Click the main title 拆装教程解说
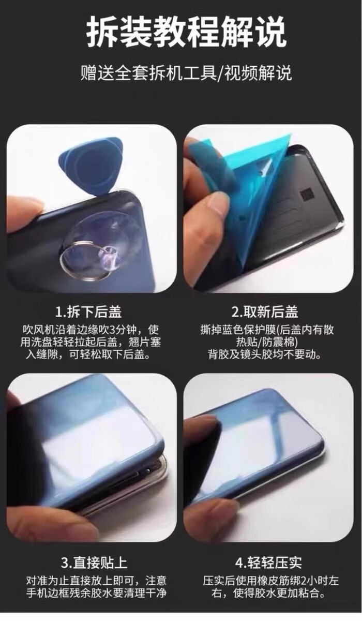point(186,32)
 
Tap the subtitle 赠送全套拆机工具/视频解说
point(186,73)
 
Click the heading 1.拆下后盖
point(88,312)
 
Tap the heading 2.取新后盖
point(264,312)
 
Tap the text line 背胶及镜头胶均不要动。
point(264,354)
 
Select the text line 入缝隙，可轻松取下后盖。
point(88,354)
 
